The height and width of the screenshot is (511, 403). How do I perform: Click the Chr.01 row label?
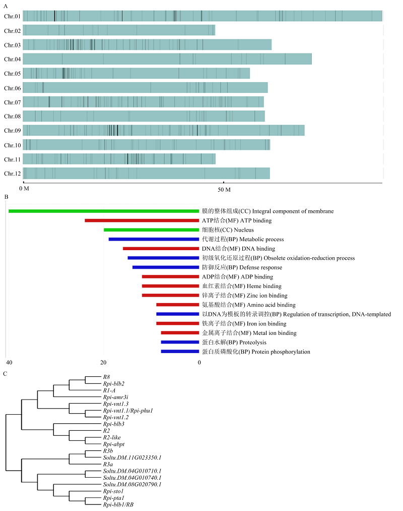[x=13, y=16]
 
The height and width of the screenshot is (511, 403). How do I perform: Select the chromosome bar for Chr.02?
[x=119, y=30]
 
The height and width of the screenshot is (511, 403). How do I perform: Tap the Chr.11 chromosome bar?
[x=119, y=159]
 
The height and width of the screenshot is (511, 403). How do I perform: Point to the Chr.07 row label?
[x=13, y=102]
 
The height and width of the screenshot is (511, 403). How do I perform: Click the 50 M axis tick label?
[x=224, y=190]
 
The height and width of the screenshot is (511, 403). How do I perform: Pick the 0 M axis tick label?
[x=24, y=189]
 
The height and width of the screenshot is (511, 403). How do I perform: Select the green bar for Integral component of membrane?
[x=104, y=211]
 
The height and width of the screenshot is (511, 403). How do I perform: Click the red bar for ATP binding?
[x=142, y=220]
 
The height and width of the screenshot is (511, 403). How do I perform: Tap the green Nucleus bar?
[x=151, y=230]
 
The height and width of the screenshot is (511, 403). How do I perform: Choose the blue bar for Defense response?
[x=166, y=267]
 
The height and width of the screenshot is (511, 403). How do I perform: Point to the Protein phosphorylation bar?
[x=180, y=352]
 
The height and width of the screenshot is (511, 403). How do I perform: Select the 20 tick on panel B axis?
[x=103, y=363]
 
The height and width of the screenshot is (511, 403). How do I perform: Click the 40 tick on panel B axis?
[x=9, y=363]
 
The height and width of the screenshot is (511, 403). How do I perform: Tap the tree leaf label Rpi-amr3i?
[x=115, y=398]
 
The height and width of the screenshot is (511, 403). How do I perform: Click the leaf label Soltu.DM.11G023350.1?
[x=132, y=458]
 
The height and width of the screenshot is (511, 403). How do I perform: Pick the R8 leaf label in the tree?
[x=106, y=377]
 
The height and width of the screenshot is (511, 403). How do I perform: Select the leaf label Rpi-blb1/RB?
[x=118, y=505]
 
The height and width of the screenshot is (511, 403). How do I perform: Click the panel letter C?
[x=5, y=374]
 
